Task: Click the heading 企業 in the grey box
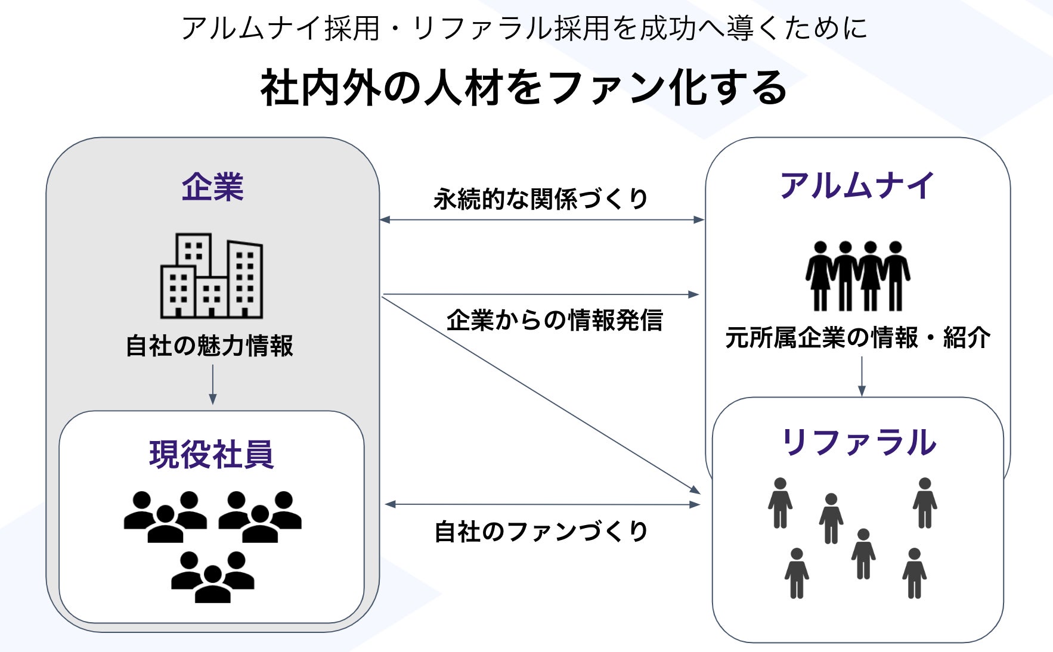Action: click(212, 187)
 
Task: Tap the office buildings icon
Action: click(212, 275)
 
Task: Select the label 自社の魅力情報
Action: click(209, 346)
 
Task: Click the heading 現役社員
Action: click(212, 455)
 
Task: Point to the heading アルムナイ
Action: click(857, 185)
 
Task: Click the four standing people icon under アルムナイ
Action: click(857, 276)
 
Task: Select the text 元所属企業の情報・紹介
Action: click(858, 338)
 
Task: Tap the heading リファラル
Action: click(858, 442)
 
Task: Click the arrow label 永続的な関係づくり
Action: click(541, 198)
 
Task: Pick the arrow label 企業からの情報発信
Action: click(555, 320)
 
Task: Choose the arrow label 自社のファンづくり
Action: click(541, 531)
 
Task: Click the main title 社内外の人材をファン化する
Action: click(524, 88)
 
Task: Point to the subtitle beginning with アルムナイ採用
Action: click(524, 27)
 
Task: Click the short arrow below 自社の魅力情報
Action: click(213, 384)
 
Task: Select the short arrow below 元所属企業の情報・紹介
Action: click(862, 377)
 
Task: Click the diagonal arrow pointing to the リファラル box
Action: click(541, 395)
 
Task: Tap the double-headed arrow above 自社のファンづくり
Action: click(542, 505)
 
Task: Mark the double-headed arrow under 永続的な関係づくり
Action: click(542, 220)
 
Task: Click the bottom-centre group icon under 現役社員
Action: click(213, 577)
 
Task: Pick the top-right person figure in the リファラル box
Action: click(925, 503)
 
